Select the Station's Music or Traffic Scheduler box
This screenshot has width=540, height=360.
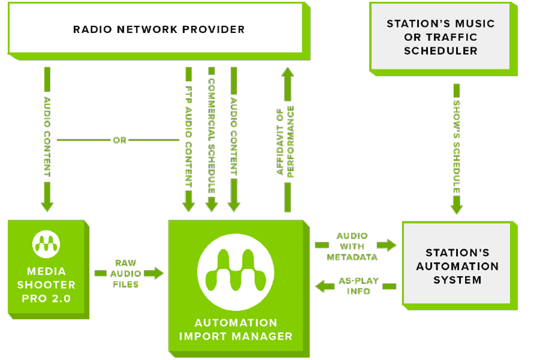click(440, 37)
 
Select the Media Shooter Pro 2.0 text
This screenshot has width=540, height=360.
click(46, 284)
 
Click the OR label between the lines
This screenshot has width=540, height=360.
click(120, 140)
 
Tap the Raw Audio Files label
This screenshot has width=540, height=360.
click(125, 273)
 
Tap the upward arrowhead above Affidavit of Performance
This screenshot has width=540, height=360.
click(287, 74)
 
